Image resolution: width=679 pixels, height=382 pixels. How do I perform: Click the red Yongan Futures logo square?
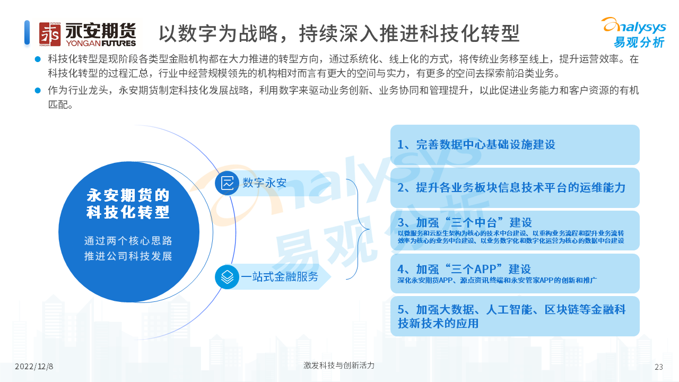point(50,34)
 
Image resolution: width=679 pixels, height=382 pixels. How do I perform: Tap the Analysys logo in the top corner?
point(634,33)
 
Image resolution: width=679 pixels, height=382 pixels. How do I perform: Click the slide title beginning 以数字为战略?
point(339,33)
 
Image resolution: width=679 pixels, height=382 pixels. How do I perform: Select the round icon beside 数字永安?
point(227,183)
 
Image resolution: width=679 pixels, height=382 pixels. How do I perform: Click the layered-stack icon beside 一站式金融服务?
point(227,277)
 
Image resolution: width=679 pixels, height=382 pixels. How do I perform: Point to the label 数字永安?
point(264,183)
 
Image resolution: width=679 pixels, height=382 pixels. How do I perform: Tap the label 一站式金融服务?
point(280,277)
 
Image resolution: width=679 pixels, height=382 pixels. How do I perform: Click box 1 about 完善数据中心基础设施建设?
point(515,145)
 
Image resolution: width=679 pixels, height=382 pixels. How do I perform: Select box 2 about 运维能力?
point(515,188)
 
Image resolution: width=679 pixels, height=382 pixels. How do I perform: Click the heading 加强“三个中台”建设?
point(465,222)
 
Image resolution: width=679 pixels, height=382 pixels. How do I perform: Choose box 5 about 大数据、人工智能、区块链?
point(515,316)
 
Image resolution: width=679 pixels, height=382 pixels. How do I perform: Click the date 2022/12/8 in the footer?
point(34,367)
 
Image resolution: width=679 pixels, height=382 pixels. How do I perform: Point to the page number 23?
point(659,367)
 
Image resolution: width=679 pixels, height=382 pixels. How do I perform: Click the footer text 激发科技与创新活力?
point(339,366)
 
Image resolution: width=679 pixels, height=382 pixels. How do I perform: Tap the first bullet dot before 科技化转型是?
point(38,59)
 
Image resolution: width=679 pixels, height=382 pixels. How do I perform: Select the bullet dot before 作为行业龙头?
point(38,90)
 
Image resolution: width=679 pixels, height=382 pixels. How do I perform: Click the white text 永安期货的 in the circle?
point(128,195)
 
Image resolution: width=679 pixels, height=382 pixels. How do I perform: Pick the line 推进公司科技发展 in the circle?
point(128,256)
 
